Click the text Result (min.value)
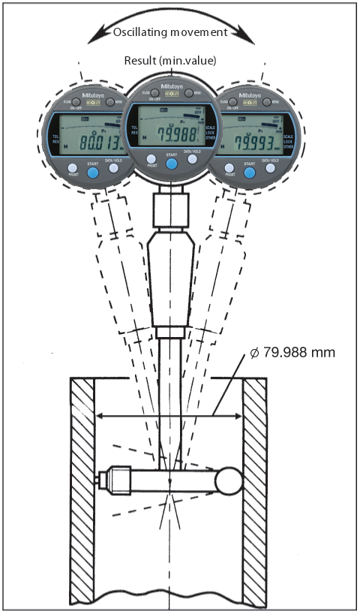click(169, 61)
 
